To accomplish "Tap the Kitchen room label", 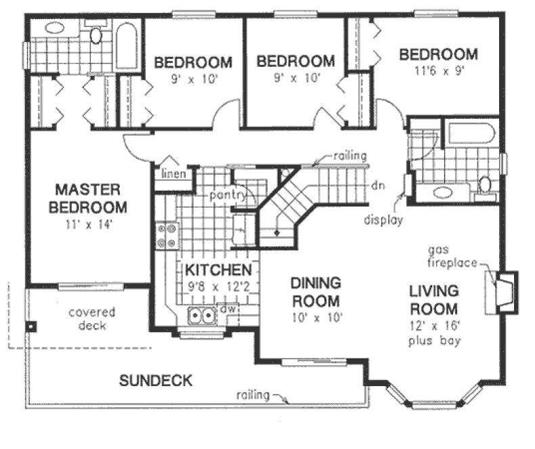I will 218,270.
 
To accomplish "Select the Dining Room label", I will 315,291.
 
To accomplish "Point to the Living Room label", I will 434,300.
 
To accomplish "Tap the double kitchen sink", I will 201,314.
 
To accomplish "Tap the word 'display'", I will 383,219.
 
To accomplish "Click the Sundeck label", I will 156,380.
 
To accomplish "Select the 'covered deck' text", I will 92,319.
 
